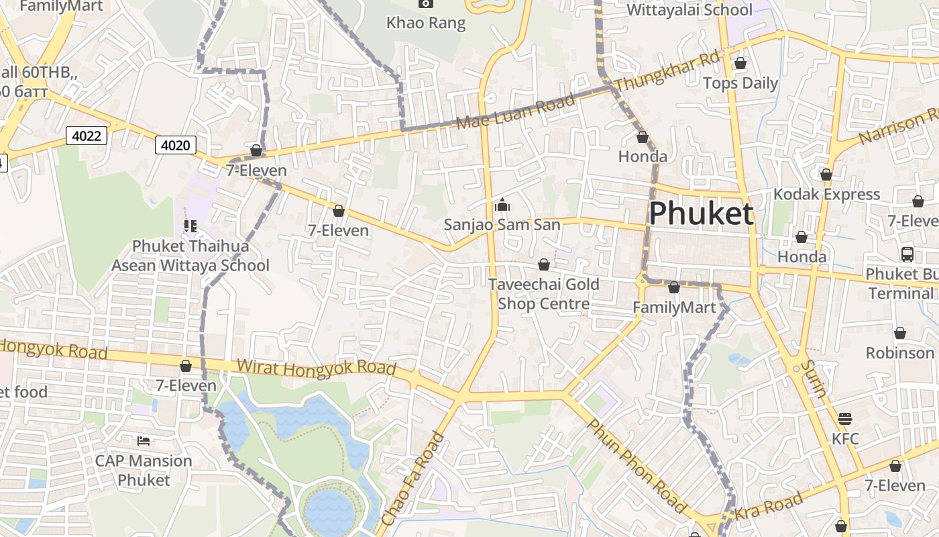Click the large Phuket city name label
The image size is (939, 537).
tap(701, 214)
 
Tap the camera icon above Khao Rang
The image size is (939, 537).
tap(425, 3)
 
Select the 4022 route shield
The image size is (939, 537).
tap(87, 136)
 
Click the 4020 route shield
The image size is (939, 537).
tap(176, 145)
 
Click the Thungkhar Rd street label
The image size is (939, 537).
tap(667, 70)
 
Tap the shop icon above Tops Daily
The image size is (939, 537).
tap(740, 64)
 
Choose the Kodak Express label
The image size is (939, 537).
tap(826, 195)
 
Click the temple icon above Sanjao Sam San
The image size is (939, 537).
tap(502, 205)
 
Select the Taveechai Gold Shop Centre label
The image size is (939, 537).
tap(543, 294)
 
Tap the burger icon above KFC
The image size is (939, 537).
tap(844, 419)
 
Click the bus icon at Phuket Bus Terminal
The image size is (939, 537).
tap(907, 254)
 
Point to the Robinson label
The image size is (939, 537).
tap(899, 353)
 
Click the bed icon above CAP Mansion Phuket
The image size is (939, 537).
tap(144, 441)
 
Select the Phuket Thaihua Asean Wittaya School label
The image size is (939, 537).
tap(190, 256)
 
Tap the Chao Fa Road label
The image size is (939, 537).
tap(412, 479)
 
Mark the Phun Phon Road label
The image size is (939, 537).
tap(636, 466)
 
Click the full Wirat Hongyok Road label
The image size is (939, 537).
tap(316, 368)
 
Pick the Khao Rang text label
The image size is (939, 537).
tap(426, 23)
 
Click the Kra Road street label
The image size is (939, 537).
tap(769, 507)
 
